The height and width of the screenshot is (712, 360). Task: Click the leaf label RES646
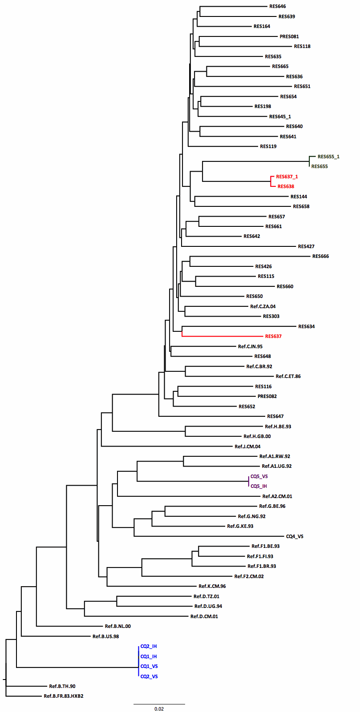(x=278, y=7)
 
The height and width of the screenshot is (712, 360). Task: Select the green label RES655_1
(x=328, y=157)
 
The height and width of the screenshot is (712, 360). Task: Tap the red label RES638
(x=286, y=187)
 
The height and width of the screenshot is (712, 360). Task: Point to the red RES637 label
(x=273, y=337)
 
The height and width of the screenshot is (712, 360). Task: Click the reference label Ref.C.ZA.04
(x=263, y=306)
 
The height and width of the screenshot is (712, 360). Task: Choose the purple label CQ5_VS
(x=259, y=477)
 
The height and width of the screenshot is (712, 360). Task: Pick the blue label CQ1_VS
(x=149, y=667)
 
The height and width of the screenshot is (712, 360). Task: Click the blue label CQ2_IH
(x=149, y=647)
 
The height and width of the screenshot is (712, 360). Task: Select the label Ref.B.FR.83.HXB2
(x=63, y=696)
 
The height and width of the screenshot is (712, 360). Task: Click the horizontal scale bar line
(x=159, y=704)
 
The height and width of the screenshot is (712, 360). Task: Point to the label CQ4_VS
(x=295, y=537)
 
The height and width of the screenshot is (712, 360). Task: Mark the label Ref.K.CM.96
(x=212, y=587)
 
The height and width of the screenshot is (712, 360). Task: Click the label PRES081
(x=289, y=36)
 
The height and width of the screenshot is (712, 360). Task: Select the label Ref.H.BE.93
(x=278, y=426)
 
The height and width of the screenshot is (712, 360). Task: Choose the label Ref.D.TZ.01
(x=206, y=597)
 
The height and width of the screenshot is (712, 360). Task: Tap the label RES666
(x=320, y=257)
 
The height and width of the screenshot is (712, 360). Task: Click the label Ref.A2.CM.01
(x=277, y=497)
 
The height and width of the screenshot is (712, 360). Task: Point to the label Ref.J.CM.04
(x=247, y=447)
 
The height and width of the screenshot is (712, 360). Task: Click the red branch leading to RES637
(x=222, y=337)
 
